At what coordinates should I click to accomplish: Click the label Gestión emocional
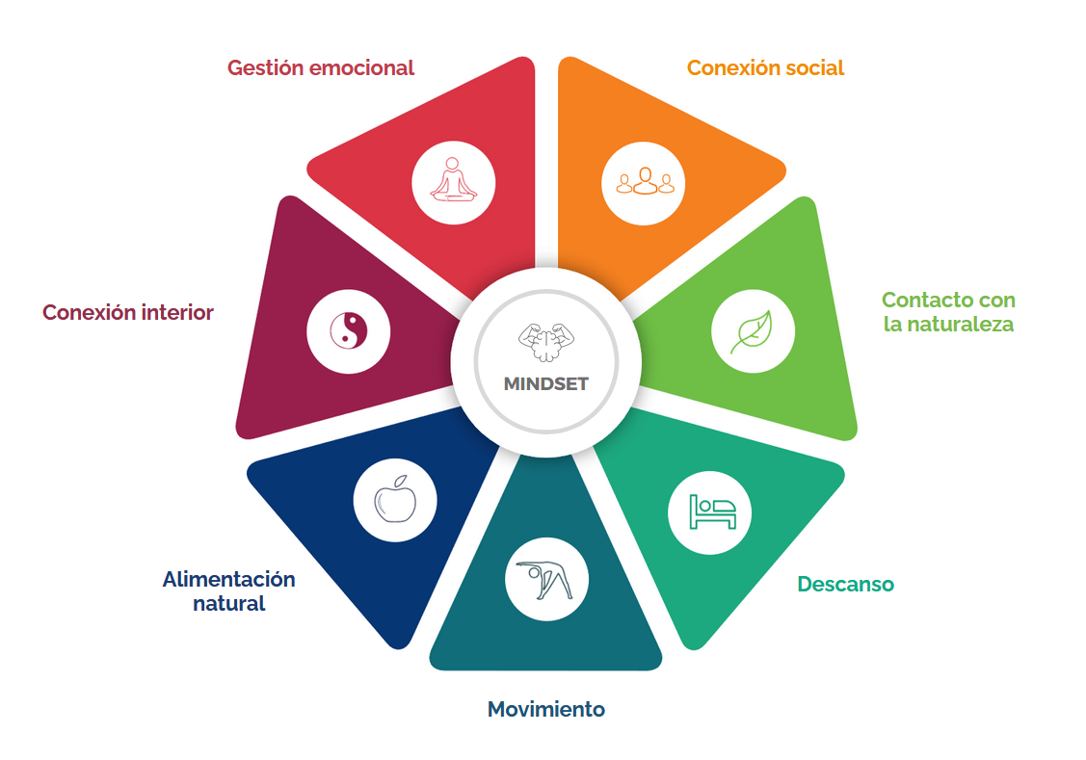point(320,68)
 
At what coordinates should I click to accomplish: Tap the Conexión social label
point(765,68)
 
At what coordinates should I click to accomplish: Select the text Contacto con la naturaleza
point(948,312)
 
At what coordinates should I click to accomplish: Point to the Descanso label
point(845,585)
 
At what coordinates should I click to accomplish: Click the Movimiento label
point(546,710)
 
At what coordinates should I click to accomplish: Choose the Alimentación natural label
point(228,591)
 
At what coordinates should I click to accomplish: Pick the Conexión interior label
point(128,313)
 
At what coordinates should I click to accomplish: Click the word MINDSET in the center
point(545,383)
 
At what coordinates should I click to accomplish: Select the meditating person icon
point(454,181)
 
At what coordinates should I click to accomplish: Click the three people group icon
point(644,181)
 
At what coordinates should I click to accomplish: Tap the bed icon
point(711,511)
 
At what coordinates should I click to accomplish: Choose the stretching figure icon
point(546,580)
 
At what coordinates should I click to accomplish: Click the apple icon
point(395,501)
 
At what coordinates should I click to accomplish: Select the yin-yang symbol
point(349,331)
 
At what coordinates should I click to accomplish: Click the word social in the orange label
point(814,68)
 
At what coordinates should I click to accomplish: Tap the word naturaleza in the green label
point(948,325)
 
